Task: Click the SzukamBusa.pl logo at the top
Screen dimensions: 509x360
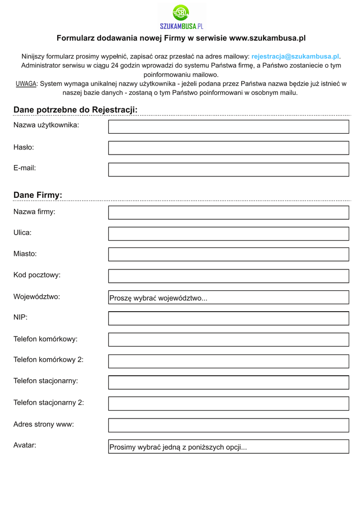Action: coord(181,16)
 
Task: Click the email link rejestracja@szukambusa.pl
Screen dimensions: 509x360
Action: coord(295,57)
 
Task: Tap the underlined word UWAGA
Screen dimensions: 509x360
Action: coord(26,84)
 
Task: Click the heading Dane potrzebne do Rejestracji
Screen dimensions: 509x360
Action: coord(75,109)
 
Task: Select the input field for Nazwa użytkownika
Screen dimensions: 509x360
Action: coord(229,127)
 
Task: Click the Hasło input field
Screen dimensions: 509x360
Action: coord(229,148)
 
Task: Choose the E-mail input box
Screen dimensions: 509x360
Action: coord(229,170)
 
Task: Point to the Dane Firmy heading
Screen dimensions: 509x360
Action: coord(38,195)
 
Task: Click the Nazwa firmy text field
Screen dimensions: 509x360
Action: coord(229,213)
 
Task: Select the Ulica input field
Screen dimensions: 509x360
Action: coord(229,234)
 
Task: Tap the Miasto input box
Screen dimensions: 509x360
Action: coord(229,254)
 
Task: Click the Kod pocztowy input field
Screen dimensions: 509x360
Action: coord(229,276)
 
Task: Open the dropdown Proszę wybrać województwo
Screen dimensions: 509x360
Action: coord(229,298)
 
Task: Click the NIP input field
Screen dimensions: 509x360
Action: coord(229,318)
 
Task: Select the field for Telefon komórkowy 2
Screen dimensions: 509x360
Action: coord(229,361)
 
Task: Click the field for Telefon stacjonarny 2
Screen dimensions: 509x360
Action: coord(229,404)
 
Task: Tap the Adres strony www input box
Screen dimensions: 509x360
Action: coord(229,425)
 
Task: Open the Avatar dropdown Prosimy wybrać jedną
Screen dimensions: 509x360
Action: coord(229,447)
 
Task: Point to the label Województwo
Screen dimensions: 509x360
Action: coord(37,297)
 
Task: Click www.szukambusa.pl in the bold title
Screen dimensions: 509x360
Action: coord(267,38)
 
